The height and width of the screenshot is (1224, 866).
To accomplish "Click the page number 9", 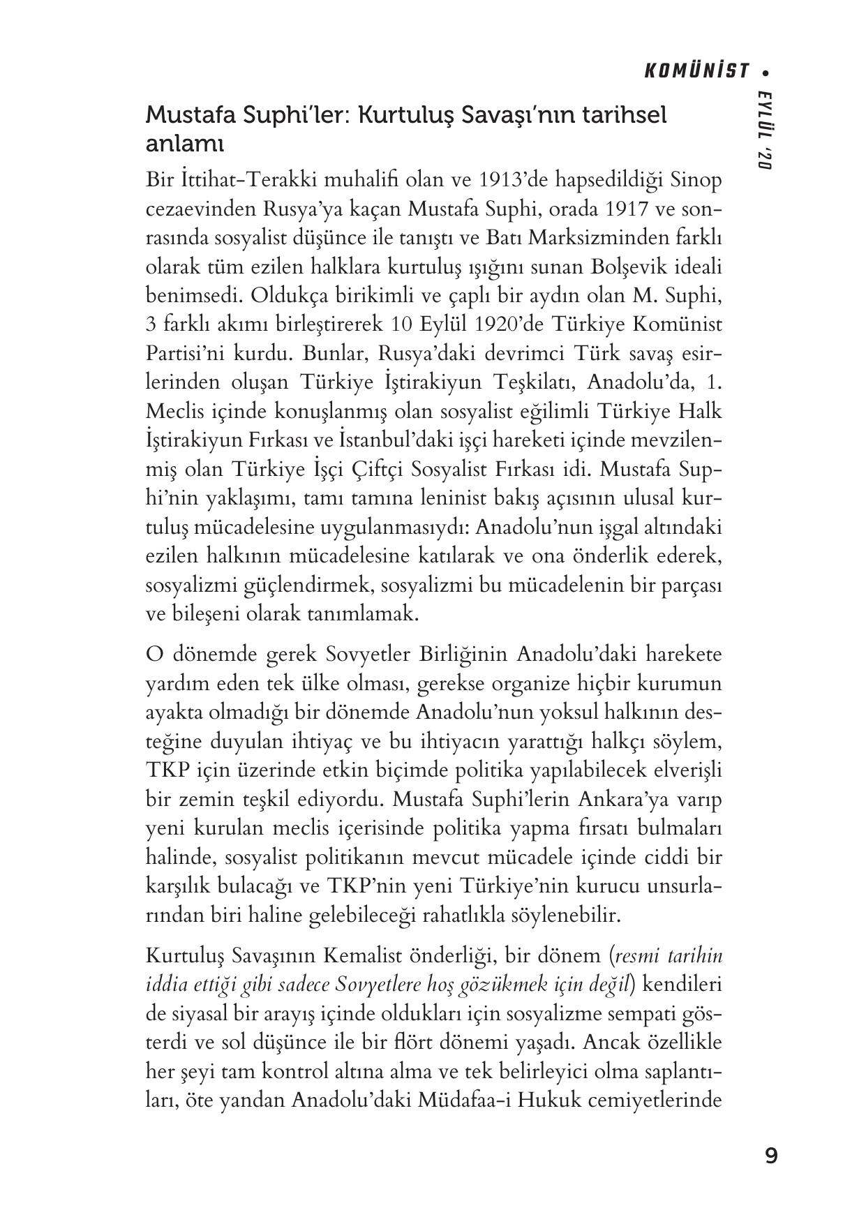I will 770,1156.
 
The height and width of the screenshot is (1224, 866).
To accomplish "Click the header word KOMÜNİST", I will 696,71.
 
